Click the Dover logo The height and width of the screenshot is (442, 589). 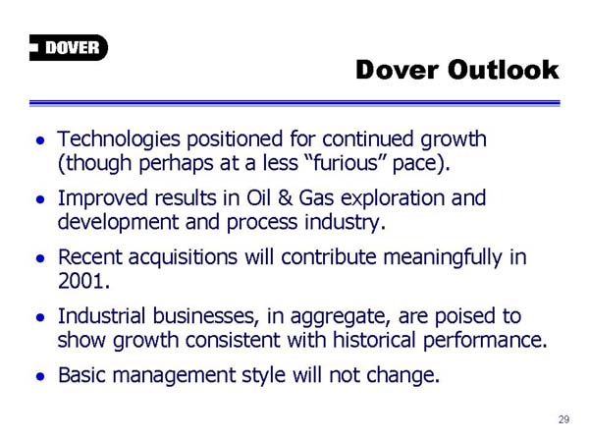click(69, 48)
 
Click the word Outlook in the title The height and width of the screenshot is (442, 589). click(503, 70)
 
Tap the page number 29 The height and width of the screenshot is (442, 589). click(563, 419)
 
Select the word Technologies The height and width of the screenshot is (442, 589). click(119, 140)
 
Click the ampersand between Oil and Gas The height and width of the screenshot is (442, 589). click(285, 198)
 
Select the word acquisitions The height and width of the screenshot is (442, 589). click(183, 258)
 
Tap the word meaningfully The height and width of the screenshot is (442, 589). click(443, 258)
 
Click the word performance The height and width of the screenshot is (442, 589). click(485, 340)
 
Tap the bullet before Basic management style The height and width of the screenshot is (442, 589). click(40, 376)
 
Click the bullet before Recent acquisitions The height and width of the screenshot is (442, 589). click(40, 258)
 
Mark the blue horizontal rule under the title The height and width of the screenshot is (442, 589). click(294, 103)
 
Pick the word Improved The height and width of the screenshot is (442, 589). click(102, 199)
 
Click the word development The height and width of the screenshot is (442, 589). click(118, 223)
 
